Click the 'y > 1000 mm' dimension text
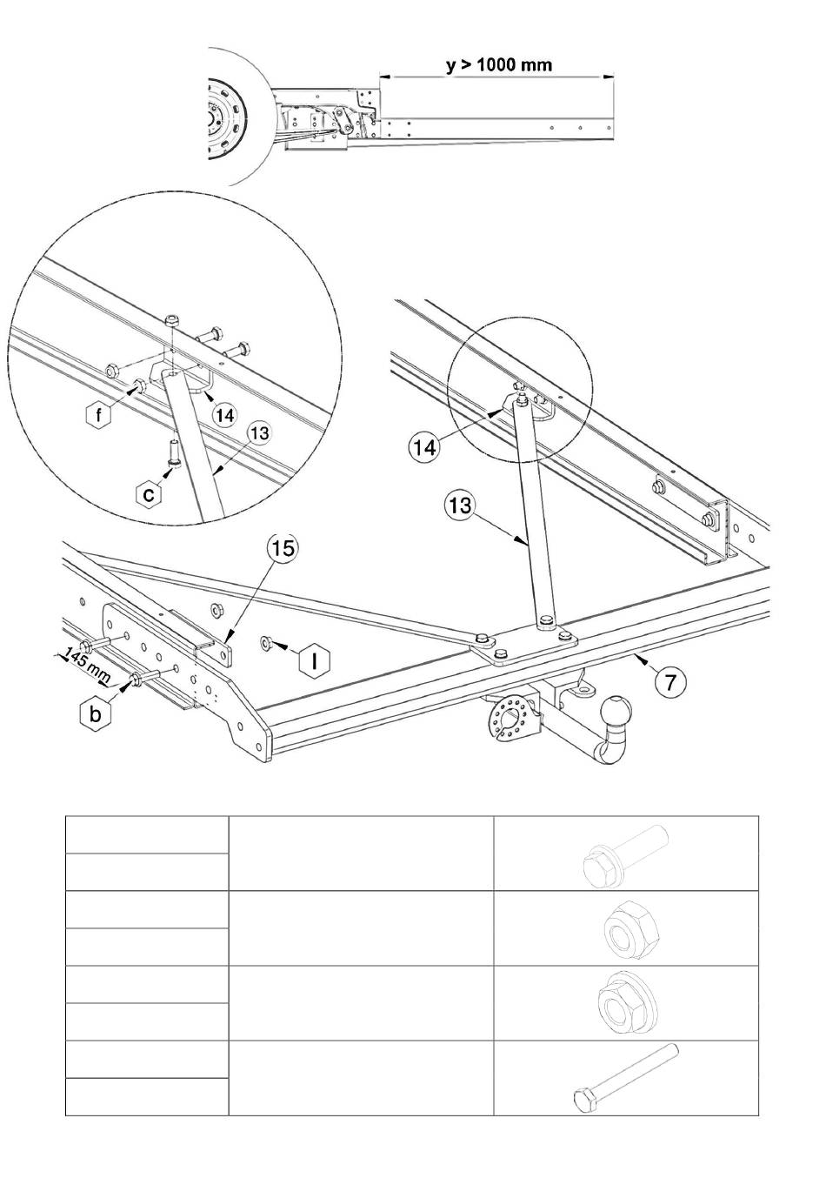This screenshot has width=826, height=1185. pyautogui.click(x=499, y=65)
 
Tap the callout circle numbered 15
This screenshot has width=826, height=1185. pyautogui.click(x=283, y=549)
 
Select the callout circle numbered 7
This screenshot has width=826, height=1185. pyautogui.click(x=670, y=682)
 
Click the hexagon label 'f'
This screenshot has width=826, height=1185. pyautogui.click(x=98, y=416)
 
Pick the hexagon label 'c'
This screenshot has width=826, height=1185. pyautogui.click(x=150, y=495)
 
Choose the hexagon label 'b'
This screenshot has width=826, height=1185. pyautogui.click(x=96, y=714)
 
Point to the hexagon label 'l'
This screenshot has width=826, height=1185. pyautogui.click(x=315, y=660)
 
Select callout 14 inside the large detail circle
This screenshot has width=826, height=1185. pyautogui.click(x=224, y=415)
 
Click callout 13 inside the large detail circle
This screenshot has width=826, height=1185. pyautogui.click(x=260, y=434)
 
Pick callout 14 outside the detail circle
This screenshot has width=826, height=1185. pyautogui.click(x=424, y=447)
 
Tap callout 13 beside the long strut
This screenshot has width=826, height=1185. pyautogui.click(x=459, y=505)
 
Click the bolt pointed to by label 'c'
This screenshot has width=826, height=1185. pyautogui.click(x=173, y=452)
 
